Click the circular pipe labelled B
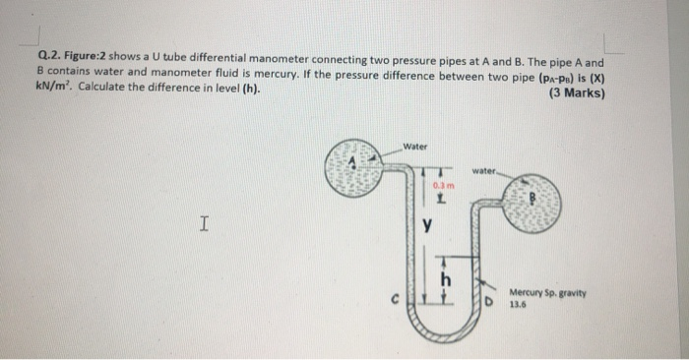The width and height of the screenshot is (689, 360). [x=533, y=204]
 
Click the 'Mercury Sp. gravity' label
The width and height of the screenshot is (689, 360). [x=548, y=292]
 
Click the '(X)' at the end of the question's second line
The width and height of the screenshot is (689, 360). [x=594, y=72]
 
